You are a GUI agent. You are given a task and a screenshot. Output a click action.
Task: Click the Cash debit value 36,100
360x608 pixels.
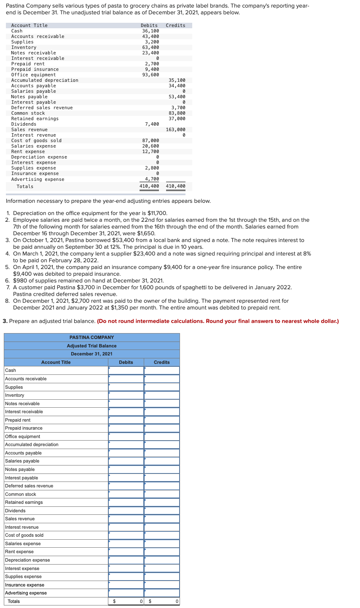coord(150,31)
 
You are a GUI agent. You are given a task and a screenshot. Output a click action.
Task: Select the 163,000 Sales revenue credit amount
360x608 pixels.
coord(175,129)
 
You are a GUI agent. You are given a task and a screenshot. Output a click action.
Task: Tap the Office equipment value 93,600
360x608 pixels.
coord(150,75)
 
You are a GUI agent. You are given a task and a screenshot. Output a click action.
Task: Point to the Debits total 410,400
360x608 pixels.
coord(149,186)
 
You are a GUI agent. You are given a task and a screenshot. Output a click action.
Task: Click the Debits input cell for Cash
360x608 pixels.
coord(126,370)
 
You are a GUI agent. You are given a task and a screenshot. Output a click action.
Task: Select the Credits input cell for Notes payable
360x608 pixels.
coord(161,469)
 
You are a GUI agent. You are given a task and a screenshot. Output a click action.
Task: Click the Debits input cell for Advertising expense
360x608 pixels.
coord(126,593)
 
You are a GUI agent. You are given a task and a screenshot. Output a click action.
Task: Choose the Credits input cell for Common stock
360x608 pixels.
coord(161,494)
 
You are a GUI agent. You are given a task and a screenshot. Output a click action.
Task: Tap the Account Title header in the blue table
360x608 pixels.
coord(56,362)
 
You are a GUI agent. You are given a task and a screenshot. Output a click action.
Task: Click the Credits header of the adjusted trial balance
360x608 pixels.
coord(161,362)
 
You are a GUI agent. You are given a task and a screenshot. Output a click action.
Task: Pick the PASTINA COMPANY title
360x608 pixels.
coord(91,337)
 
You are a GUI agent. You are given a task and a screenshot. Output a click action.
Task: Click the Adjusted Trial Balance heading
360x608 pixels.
coord(91,346)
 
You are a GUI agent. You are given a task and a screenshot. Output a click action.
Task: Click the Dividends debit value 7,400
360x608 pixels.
coord(152,124)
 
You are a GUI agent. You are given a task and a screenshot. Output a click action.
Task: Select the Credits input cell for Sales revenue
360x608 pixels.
coord(161,519)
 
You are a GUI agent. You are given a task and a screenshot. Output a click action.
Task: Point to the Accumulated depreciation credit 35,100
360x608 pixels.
coord(177,80)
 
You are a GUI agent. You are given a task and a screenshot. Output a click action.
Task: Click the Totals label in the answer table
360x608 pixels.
coord(13,601)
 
